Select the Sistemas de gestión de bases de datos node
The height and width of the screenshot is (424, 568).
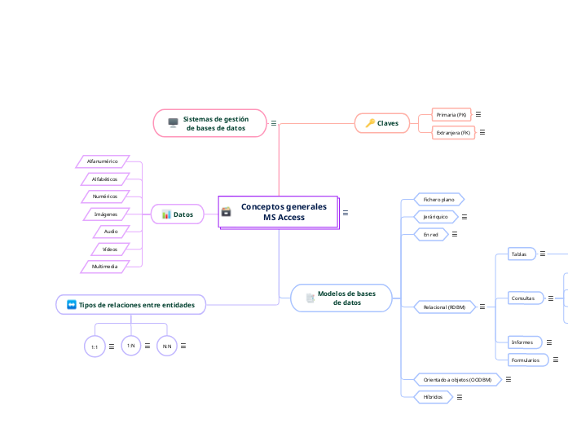coord(210,123)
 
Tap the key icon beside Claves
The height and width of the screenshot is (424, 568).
coord(370,123)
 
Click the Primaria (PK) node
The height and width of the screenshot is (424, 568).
coord(451,115)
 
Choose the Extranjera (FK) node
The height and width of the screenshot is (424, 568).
coord(453,132)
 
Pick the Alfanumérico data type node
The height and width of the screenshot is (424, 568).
coord(103,161)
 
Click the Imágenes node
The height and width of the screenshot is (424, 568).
coord(106,214)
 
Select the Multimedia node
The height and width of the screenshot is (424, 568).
coord(105,266)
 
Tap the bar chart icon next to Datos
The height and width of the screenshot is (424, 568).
coord(166,214)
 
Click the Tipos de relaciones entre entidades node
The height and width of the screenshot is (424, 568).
coord(130,305)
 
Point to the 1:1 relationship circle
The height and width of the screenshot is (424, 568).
coord(95,347)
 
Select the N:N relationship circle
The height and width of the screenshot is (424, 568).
coord(166,347)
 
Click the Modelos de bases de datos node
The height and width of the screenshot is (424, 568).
coord(341,298)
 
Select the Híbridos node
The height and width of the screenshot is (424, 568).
coord(433,396)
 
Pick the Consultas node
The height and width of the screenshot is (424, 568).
coord(522,298)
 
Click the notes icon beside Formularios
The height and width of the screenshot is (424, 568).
coord(555,360)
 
